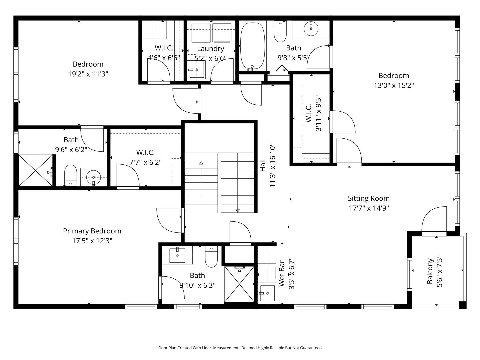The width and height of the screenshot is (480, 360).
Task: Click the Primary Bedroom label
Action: point(92,231)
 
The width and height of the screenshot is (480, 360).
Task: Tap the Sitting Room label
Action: point(369,198)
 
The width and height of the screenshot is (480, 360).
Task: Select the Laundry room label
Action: point(210,49)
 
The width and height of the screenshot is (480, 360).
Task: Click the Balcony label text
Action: point(430,271)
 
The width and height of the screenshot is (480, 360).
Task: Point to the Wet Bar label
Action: point(282,273)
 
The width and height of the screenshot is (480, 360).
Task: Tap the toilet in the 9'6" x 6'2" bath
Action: point(70,175)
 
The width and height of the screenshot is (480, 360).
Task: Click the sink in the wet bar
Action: point(267,293)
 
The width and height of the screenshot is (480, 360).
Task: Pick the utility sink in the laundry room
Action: point(196,70)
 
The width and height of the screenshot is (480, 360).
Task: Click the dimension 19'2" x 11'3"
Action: point(88,74)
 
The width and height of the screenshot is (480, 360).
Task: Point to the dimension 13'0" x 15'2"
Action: point(394,85)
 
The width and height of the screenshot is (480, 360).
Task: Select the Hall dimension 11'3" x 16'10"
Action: point(273,166)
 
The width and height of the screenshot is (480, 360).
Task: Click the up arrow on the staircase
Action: point(201,163)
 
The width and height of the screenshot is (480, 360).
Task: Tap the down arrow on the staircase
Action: point(238,210)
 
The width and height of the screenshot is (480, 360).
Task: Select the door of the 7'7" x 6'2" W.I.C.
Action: point(128,177)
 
